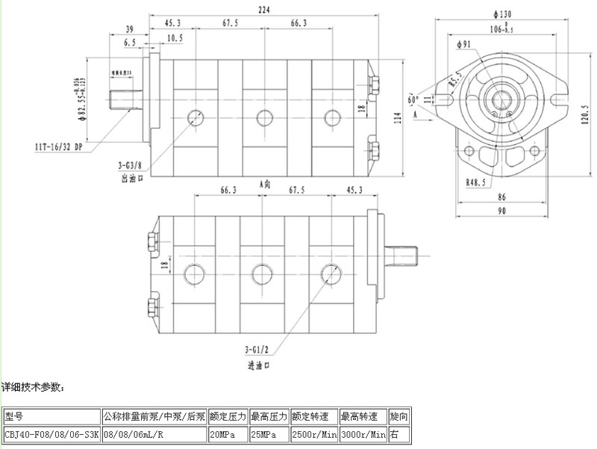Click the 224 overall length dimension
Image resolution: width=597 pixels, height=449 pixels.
[263, 9]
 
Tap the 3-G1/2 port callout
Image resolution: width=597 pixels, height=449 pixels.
[257, 349]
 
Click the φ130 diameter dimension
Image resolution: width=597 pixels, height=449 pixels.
[505, 13]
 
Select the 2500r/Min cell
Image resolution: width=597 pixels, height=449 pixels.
[313, 433]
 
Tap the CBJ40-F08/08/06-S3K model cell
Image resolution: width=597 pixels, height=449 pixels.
[51, 433]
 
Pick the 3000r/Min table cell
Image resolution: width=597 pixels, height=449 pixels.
[363, 433]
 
